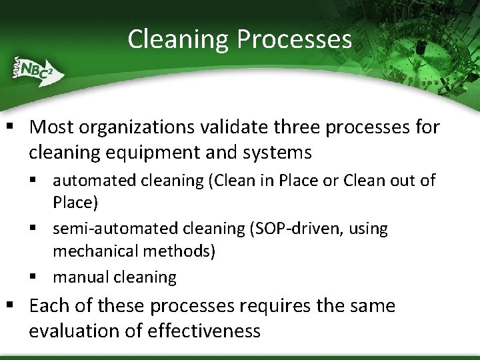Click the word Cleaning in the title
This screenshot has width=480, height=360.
[x=177, y=39]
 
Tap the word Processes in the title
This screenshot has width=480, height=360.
[x=293, y=39]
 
